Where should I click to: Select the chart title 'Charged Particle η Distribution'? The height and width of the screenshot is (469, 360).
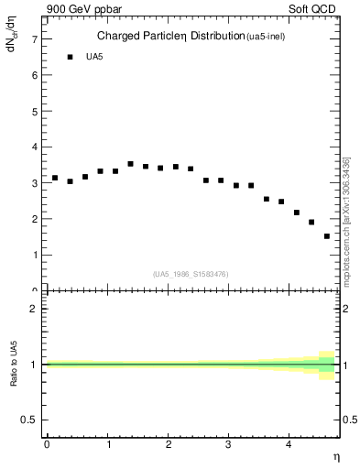170,37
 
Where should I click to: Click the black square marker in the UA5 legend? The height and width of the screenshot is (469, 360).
70,58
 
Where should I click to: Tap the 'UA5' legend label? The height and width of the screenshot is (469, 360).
94,58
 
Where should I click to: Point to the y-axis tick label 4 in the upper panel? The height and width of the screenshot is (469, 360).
33,147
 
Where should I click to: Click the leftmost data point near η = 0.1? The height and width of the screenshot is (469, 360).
55,178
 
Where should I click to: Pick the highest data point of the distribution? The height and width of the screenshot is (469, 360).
130,164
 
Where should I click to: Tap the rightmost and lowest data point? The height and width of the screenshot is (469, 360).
326,236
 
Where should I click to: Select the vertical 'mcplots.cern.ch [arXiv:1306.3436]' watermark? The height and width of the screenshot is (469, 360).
346,220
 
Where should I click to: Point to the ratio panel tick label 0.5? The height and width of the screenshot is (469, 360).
28,420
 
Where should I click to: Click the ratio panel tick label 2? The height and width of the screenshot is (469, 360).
33,309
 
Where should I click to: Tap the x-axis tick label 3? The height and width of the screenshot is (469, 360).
229,444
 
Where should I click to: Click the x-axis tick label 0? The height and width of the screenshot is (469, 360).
47,444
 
